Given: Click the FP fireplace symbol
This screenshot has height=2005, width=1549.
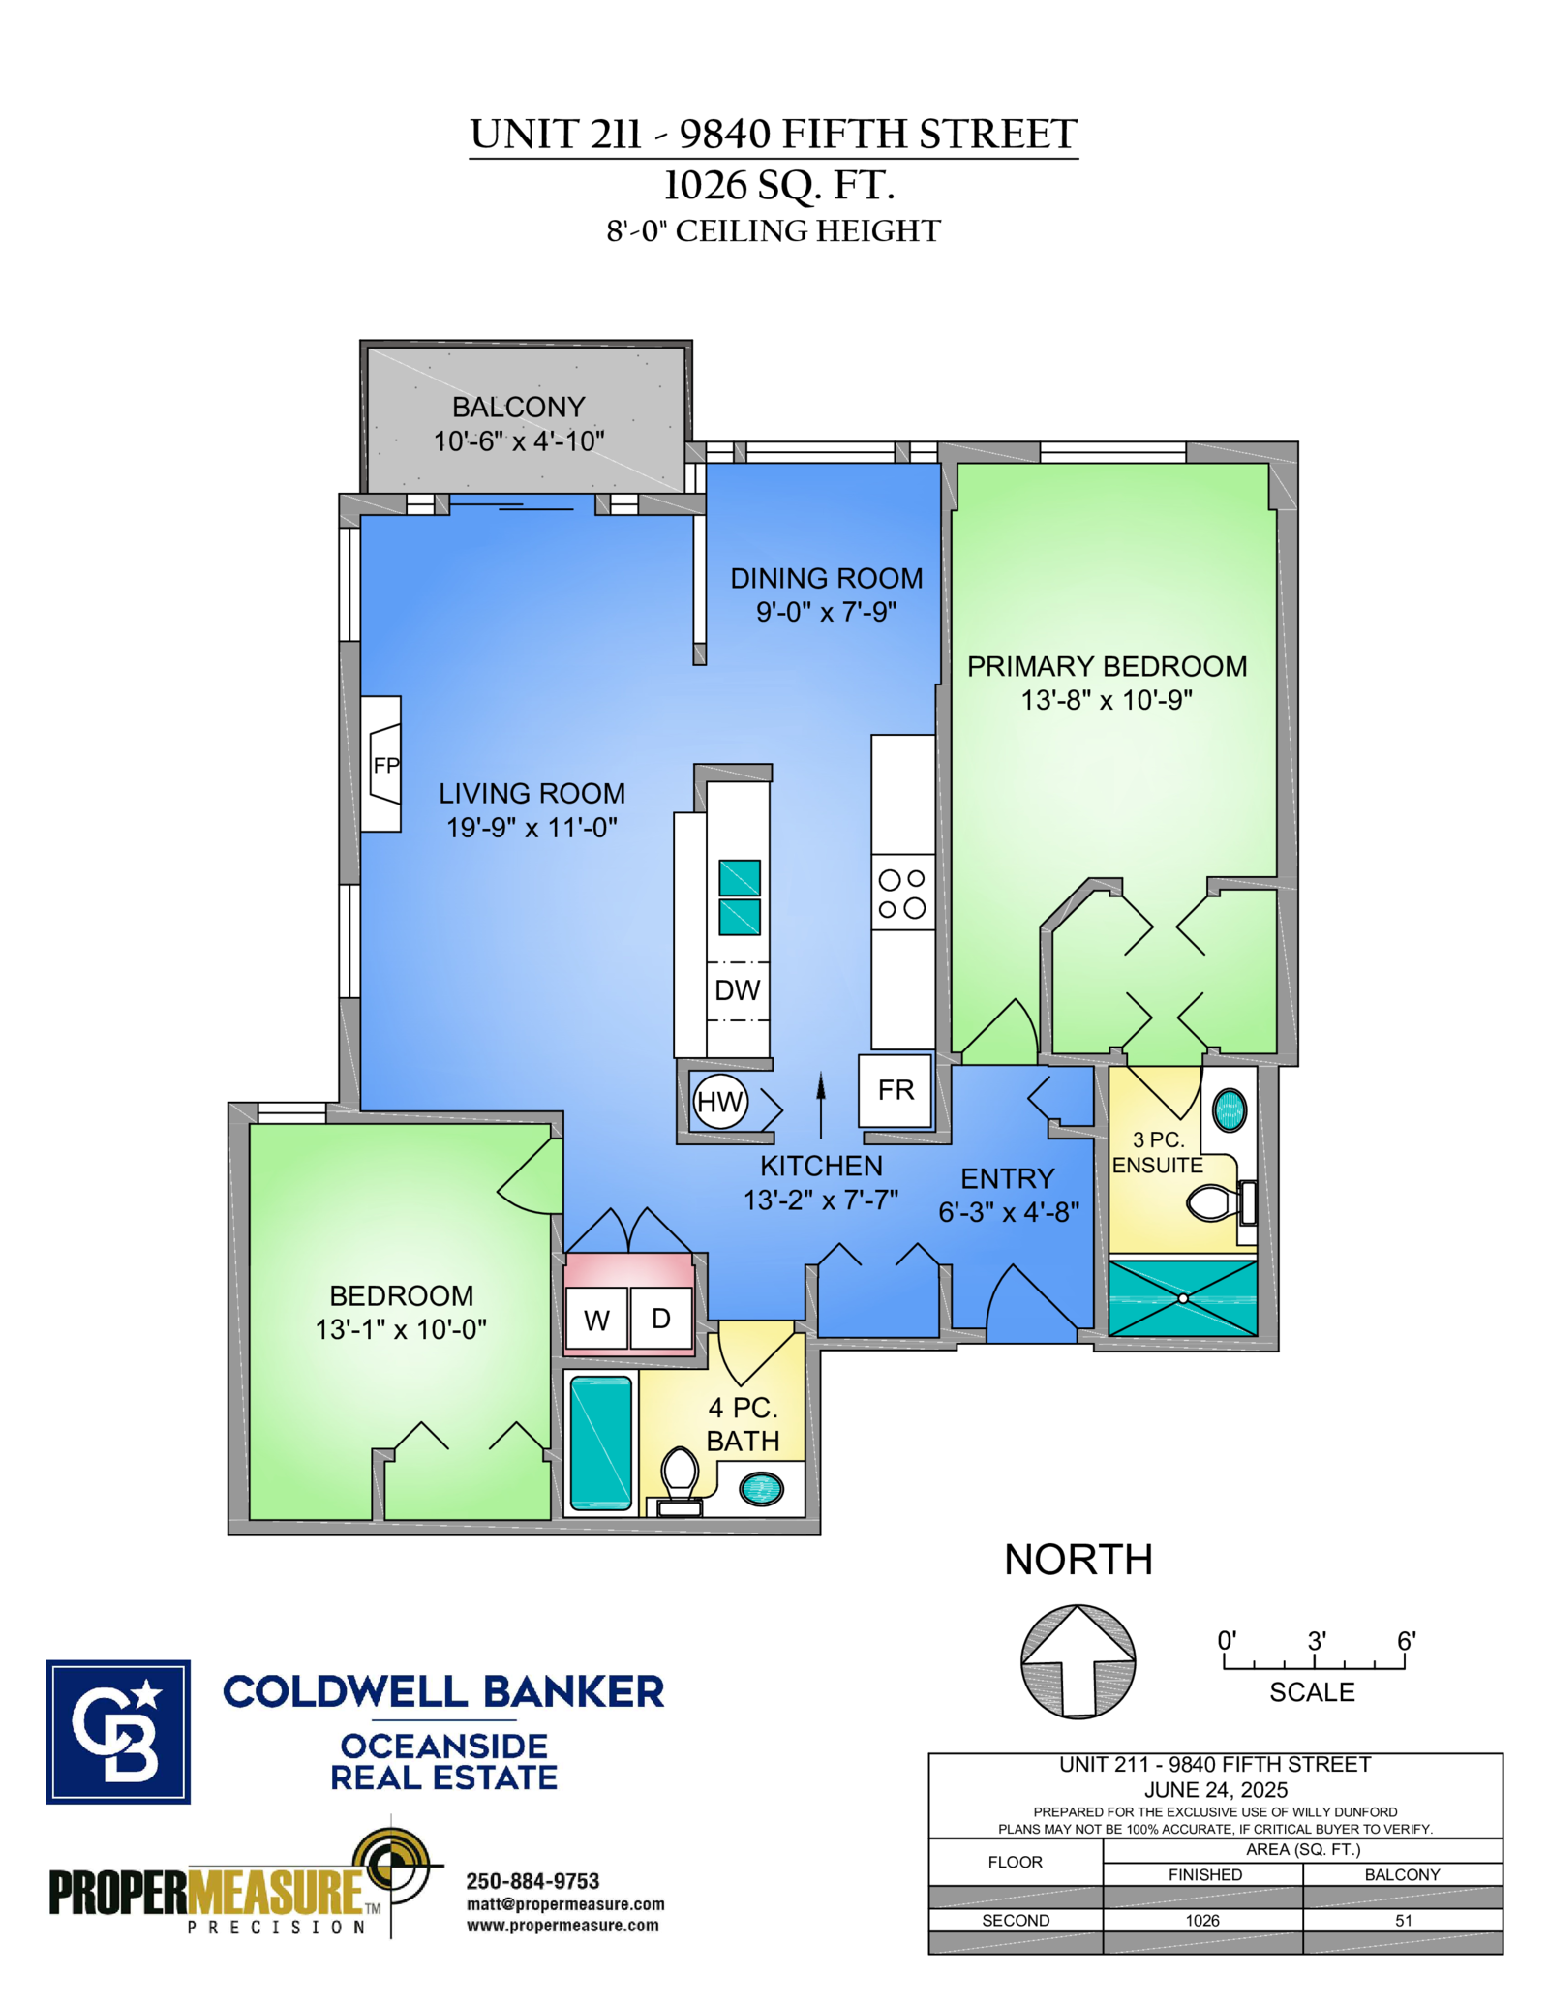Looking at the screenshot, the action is click(381, 764).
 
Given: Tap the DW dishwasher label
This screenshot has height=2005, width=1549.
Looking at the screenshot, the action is click(738, 990).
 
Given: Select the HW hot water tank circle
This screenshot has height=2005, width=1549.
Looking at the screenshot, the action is click(720, 1102).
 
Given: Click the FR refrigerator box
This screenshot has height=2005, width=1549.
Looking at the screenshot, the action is click(896, 1091).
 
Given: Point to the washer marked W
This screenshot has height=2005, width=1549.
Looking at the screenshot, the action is click(596, 1319).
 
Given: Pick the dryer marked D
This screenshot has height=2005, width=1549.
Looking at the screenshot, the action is click(661, 1319).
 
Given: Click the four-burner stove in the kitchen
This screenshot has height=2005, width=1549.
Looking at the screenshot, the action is click(902, 893).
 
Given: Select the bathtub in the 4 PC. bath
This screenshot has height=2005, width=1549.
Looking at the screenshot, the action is click(601, 1443).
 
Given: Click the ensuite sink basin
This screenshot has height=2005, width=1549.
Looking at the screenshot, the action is click(1230, 1110).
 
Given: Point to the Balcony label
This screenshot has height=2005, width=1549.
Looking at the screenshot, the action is click(519, 407).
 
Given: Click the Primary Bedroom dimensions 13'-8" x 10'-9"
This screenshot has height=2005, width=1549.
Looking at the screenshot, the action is click(1107, 700).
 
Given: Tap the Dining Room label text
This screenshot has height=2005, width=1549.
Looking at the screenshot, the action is click(826, 578).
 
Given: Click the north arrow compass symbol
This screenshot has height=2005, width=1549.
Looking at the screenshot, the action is click(1078, 1661).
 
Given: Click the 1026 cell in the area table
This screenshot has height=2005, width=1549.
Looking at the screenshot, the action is click(1202, 1921).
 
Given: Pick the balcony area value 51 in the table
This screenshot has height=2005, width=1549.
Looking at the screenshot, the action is click(1404, 1921).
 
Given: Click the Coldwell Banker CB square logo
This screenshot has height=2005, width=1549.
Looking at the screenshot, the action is click(118, 1733).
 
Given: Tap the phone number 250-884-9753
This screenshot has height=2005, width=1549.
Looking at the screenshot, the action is click(532, 1881).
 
